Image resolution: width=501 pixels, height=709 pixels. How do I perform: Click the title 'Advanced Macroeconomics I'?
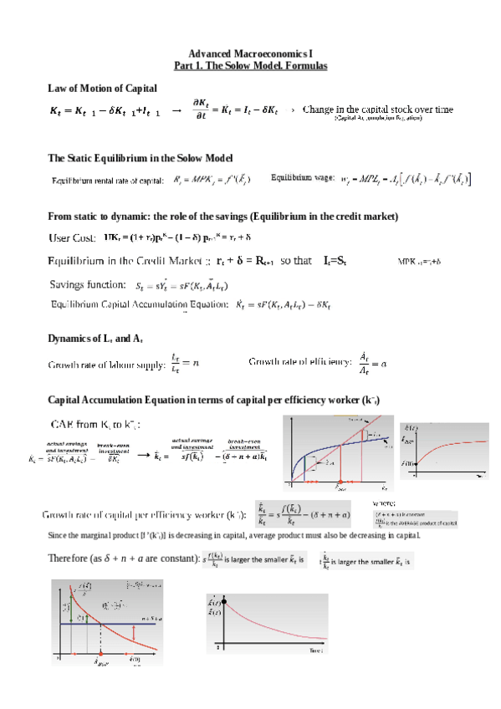[249, 54]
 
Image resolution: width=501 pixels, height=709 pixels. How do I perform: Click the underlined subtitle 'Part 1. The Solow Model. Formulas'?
[249, 65]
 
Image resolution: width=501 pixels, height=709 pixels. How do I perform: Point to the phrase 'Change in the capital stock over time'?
[378, 110]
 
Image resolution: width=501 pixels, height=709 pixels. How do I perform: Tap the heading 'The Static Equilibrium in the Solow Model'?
[141, 158]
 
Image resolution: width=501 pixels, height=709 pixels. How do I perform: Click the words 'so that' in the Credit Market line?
[296, 261]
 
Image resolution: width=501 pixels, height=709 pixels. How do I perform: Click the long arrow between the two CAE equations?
[143, 455]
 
